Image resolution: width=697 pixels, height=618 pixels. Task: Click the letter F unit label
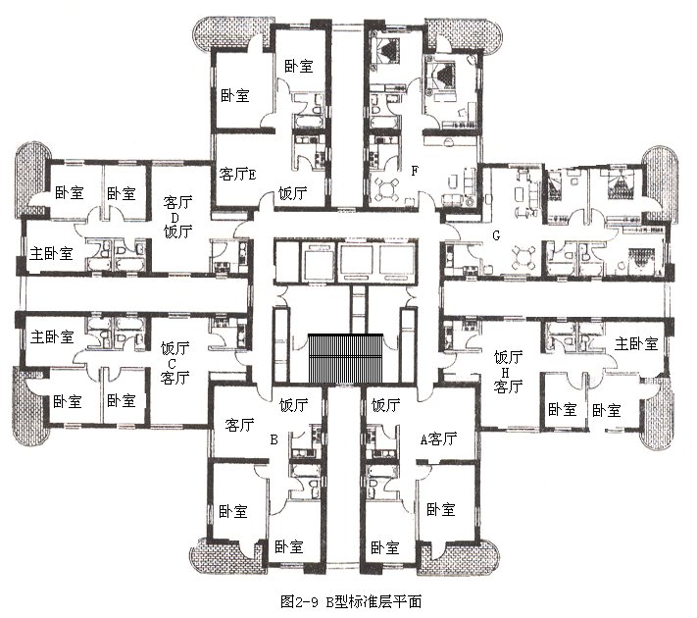coord(415,171)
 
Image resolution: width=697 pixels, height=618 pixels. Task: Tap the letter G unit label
coord(496,235)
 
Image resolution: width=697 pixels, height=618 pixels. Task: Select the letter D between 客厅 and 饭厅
coord(174,218)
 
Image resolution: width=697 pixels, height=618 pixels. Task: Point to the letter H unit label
coord(505,372)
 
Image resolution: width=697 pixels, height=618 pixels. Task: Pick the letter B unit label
coord(274,440)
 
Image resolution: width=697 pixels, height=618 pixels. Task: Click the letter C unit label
coord(172,364)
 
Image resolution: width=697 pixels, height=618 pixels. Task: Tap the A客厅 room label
coord(438,439)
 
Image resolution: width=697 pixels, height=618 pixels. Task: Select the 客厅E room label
coord(237,174)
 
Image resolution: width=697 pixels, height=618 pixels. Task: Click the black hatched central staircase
coord(345,358)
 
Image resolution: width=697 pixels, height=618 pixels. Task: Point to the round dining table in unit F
coord(387,189)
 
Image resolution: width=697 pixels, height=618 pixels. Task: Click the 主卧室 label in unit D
coord(51,254)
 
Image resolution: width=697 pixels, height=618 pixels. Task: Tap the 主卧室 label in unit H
coord(636,343)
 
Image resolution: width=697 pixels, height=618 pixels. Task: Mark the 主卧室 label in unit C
coord(52,336)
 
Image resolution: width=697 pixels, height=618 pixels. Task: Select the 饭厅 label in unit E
coord(292,193)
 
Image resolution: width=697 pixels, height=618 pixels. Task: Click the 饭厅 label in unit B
coord(293,405)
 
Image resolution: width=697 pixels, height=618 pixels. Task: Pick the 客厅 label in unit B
coord(239,425)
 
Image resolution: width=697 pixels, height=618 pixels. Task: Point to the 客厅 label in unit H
coord(508,386)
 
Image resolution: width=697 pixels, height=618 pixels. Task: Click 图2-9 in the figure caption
coord(300,601)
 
